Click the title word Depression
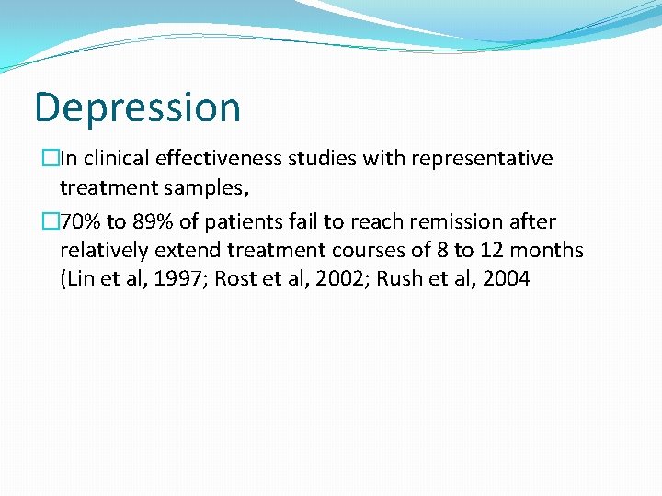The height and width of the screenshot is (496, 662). tap(137, 107)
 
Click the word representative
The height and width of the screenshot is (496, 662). tap(482, 158)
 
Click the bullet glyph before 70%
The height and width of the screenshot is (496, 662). tap(49, 221)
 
